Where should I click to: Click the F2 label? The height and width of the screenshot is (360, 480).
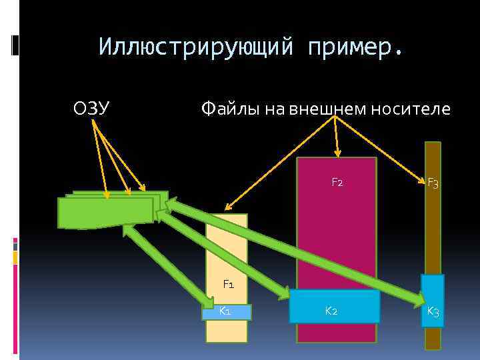point(337,182)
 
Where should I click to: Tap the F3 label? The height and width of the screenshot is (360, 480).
point(433,182)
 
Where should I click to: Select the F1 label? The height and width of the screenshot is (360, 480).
point(228,285)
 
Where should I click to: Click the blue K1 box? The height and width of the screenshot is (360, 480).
point(227,312)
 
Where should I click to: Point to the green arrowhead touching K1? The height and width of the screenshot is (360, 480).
point(207,301)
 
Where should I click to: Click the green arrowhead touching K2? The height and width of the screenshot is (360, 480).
point(283,293)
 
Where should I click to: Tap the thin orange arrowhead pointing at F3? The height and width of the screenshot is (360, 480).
point(422,180)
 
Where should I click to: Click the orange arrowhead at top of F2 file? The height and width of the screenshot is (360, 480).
point(338,154)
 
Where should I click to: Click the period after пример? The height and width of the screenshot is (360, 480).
point(399,53)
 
